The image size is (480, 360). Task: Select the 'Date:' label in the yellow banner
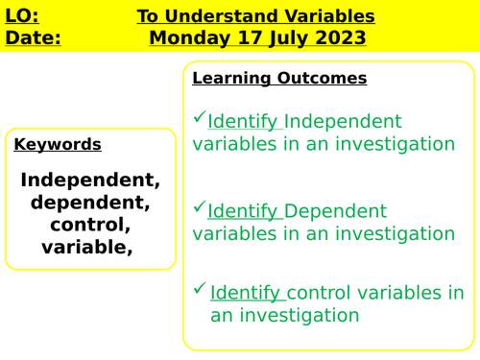pos(32,38)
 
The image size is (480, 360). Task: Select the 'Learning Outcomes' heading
pos(279,78)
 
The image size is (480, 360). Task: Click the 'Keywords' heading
pos(58,144)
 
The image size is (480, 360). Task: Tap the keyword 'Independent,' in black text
pos(90,180)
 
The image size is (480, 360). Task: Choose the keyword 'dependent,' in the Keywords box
pos(90,203)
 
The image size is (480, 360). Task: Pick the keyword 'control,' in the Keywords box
pos(90,225)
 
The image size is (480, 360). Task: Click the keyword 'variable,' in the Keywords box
pos(87,247)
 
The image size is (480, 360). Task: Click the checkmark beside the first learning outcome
pos(199,117)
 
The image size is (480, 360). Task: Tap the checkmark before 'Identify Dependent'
pos(199,206)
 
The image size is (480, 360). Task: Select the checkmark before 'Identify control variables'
pos(199,288)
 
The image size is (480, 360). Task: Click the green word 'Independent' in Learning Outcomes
pos(344,121)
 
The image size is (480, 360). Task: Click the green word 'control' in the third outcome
pos(320,293)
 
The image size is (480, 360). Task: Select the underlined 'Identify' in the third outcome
pos(246,293)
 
